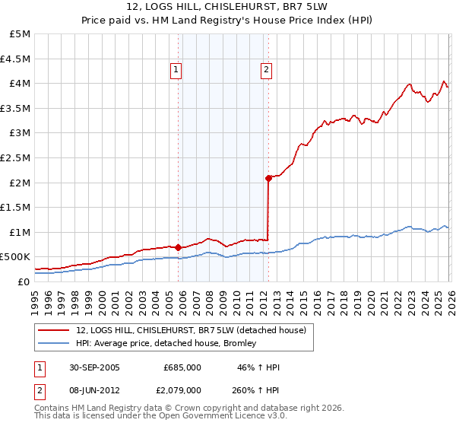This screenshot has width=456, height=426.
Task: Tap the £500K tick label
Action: (x=15, y=257)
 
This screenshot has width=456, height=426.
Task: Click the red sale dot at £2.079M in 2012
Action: (x=268, y=178)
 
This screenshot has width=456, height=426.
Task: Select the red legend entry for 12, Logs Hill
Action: (x=190, y=330)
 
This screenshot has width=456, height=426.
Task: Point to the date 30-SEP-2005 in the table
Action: (x=93, y=367)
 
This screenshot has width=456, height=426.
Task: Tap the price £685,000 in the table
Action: (x=182, y=367)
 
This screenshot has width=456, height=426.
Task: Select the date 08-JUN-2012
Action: (x=93, y=389)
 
